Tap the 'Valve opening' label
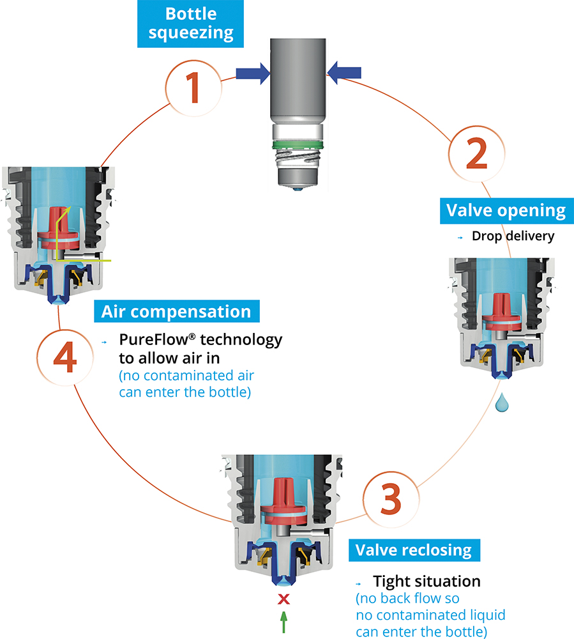click(x=506, y=211)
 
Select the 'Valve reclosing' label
click(x=413, y=550)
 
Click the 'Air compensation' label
click(x=176, y=312)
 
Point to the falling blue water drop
click(x=502, y=402)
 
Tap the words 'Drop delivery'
click(x=513, y=236)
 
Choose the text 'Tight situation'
click(x=427, y=581)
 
